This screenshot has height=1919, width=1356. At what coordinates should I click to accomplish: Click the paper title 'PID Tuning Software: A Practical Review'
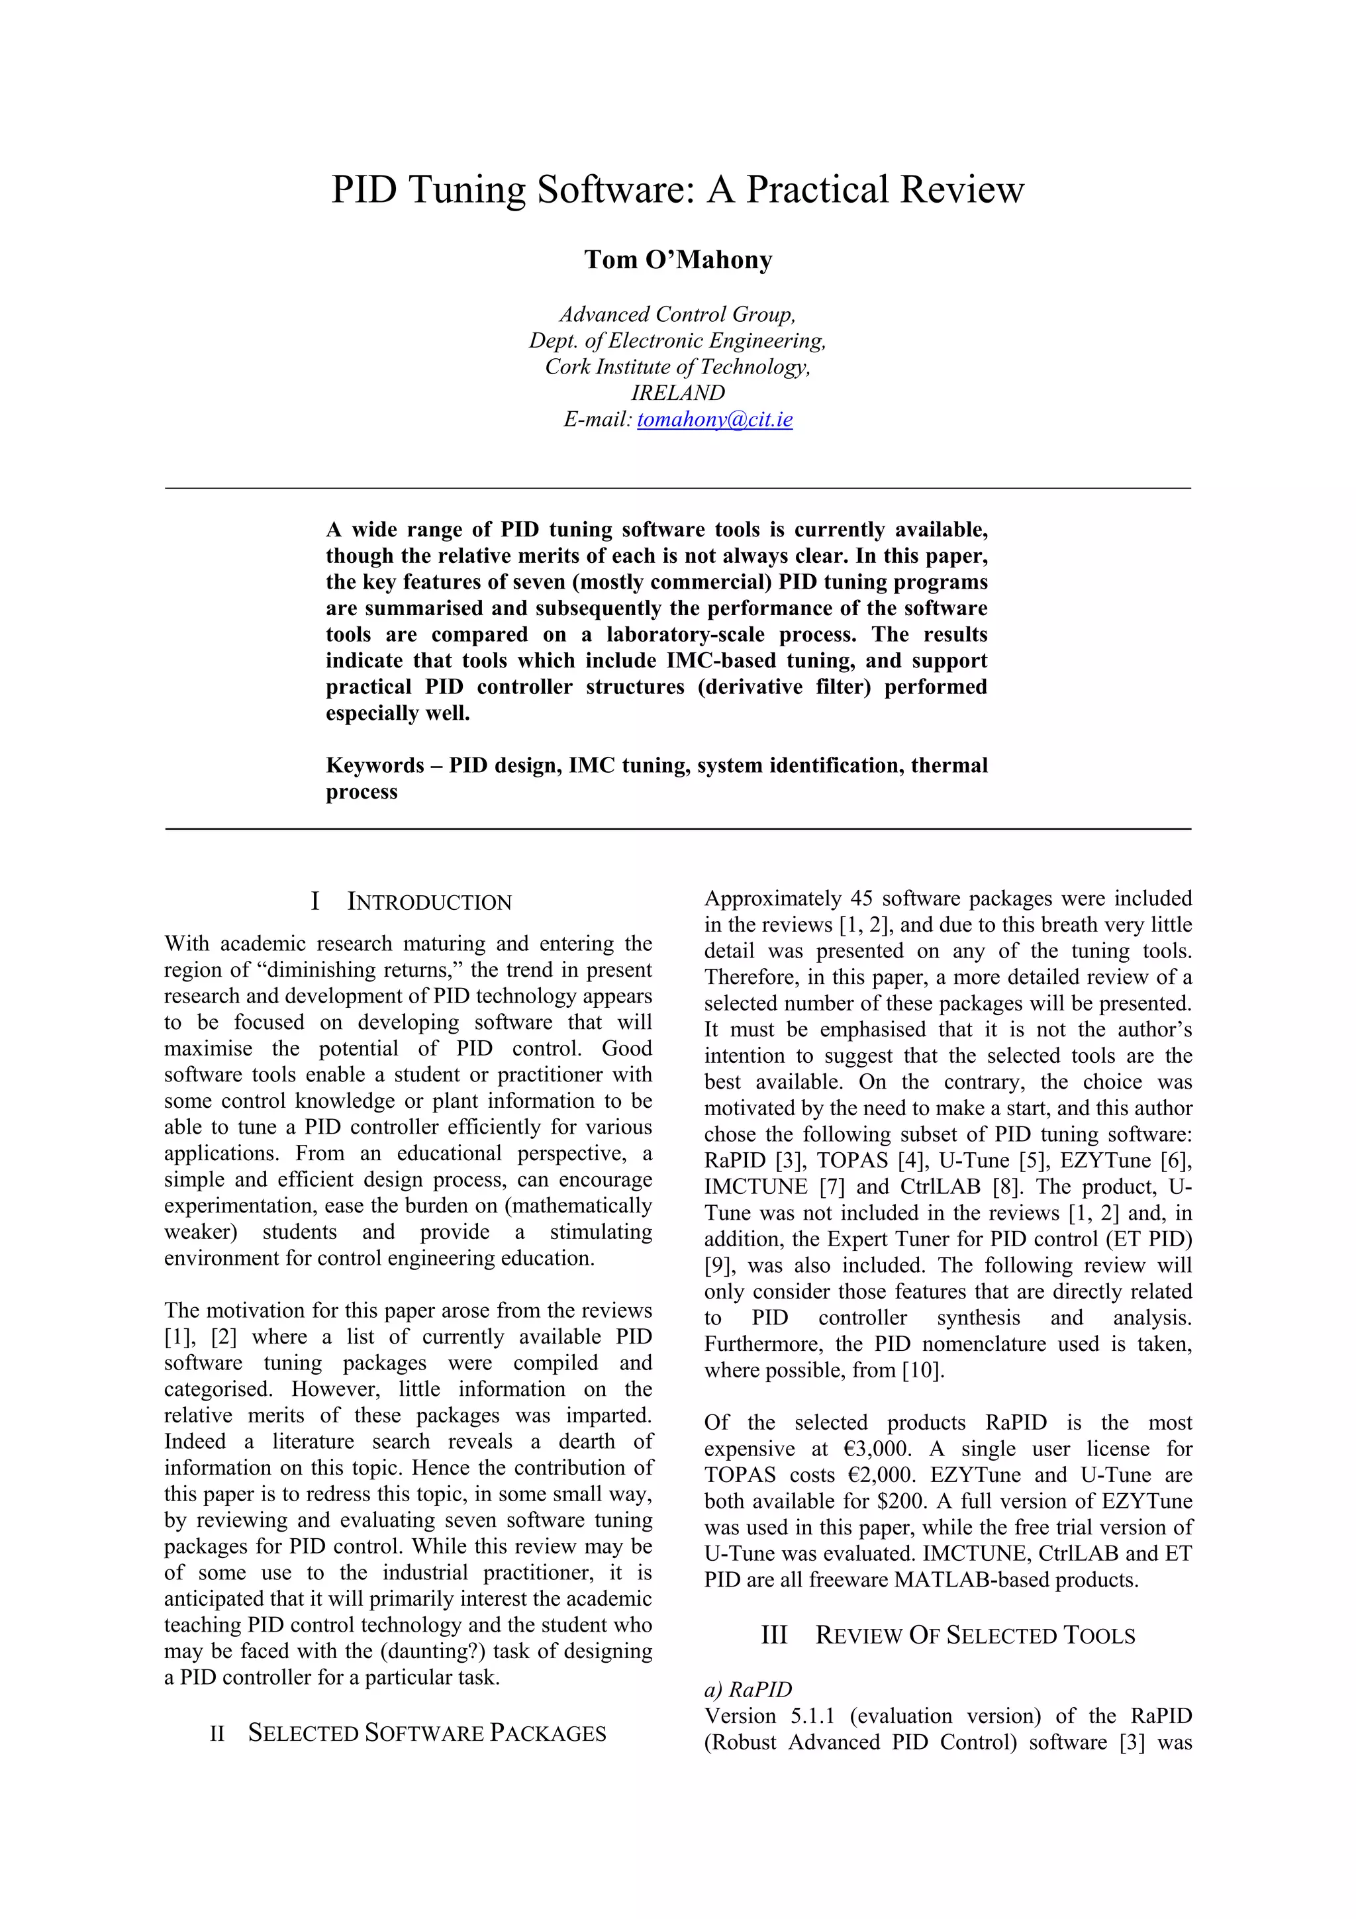point(677,190)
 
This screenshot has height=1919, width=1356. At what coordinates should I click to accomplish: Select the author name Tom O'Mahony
point(677,260)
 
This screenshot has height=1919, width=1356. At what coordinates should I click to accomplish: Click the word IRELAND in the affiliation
point(677,393)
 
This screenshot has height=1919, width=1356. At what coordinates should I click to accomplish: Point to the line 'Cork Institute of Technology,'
point(677,367)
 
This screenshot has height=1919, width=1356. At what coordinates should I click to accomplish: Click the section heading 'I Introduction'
point(411,902)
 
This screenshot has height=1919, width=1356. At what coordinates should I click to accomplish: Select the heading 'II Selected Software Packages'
point(408,1734)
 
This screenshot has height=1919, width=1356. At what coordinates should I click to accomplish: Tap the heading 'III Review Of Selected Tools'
point(947,1636)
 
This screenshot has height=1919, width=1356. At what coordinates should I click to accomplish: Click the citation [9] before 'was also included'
point(718,1265)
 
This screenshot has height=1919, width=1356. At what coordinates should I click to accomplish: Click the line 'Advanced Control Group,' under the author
point(677,315)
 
